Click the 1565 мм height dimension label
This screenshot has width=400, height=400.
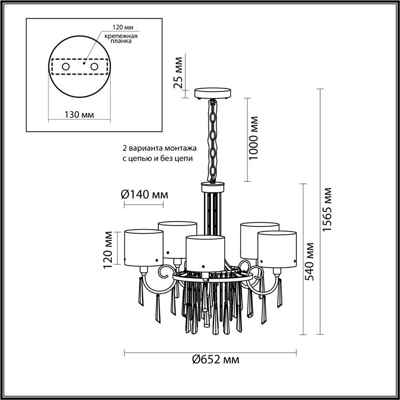(x=328, y=209)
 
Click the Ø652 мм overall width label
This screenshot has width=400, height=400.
(x=216, y=360)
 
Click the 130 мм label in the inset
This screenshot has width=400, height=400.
(x=79, y=114)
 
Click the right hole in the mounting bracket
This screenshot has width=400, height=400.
(x=94, y=67)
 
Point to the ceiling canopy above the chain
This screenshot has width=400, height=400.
(x=213, y=93)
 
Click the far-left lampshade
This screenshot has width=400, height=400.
(x=144, y=248)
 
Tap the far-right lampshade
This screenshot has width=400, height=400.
(x=277, y=248)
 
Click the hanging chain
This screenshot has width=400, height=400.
(x=213, y=140)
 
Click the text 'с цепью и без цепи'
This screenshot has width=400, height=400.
(x=158, y=158)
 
